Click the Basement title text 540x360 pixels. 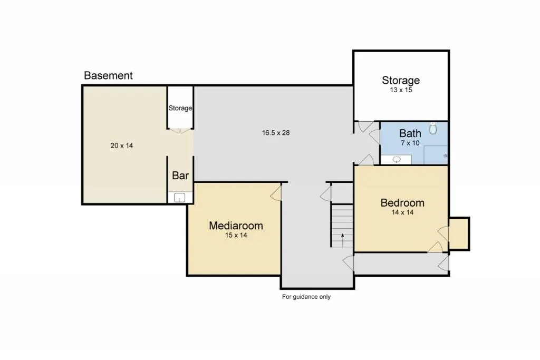(x=108, y=75)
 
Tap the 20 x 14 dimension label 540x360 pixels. (x=122, y=145)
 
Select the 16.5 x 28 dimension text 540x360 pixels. (x=275, y=132)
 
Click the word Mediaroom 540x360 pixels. (x=236, y=226)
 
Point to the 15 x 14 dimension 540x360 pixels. (x=236, y=235)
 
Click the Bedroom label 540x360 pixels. (x=402, y=203)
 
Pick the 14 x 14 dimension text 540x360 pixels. (x=402, y=212)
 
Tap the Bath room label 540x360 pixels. (x=410, y=133)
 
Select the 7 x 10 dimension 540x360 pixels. (x=410, y=143)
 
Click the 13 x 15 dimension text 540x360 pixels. (x=401, y=90)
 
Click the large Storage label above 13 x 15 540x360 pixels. (x=401, y=80)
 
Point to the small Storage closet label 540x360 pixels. (x=180, y=108)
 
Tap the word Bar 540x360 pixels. (x=180, y=176)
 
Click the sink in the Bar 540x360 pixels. (x=179, y=198)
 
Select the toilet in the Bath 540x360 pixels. (x=433, y=128)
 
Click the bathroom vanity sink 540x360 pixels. (x=397, y=159)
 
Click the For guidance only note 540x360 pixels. (x=306, y=297)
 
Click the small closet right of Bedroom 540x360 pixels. (x=459, y=233)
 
